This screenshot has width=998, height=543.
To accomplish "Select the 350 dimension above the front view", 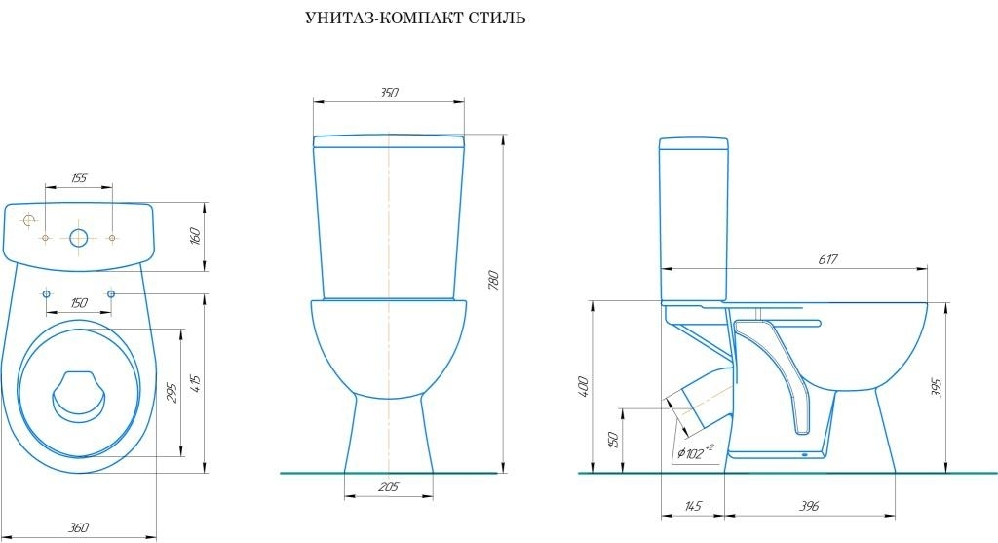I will [x=388, y=94].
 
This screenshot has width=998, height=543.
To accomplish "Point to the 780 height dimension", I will [x=493, y=282].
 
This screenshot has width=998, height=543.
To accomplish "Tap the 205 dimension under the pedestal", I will [x=388, y=485].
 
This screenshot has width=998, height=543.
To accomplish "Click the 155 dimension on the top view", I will [x=79, y=177].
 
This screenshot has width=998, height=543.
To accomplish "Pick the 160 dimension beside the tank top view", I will [x=195, y=235].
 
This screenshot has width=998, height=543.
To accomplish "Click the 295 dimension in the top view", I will [x=172, y=392].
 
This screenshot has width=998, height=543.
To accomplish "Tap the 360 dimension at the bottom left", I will [x=79, y=527].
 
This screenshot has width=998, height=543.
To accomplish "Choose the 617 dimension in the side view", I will [x=828, y=259].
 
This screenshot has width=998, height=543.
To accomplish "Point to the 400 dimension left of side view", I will [x=584, y=386].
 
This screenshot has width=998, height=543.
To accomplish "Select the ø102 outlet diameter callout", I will [x=695, y=451].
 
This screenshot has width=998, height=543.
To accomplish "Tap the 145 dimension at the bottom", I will [x=693, y=507].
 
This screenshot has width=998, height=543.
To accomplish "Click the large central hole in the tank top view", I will [x=79, y=237].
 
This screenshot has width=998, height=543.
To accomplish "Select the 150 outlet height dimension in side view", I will [x=613, y=439].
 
